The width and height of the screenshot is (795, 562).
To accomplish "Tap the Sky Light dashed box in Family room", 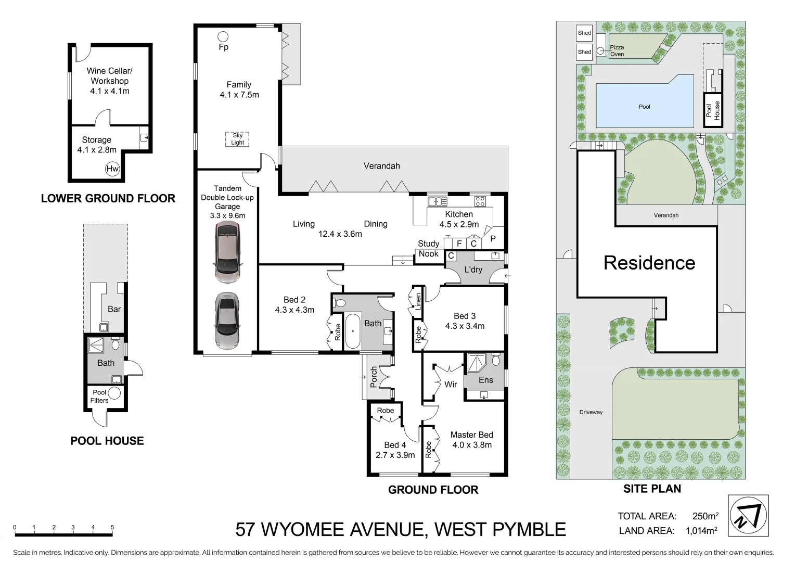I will point(237,139).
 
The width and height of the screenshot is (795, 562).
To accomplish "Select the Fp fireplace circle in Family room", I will point(223,36).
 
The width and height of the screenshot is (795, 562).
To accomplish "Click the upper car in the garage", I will point(228,253).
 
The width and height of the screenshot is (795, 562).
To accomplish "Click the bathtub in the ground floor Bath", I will point(352,331).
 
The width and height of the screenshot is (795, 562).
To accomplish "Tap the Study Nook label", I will point(429,249).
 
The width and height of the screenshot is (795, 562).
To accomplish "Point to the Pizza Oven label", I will point(617,50).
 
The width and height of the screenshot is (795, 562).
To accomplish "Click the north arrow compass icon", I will point(748,516).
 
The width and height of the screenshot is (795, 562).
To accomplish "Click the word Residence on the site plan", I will point(649,263).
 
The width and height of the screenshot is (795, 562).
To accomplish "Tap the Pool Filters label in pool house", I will point(99,396).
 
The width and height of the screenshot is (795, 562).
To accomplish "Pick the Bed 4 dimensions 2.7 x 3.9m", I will point(395,455).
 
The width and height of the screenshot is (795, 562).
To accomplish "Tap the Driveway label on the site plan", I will point(591,412).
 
